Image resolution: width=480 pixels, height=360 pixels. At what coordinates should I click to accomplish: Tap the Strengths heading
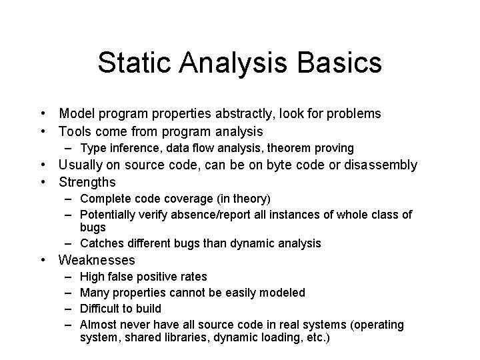tap(87, 182)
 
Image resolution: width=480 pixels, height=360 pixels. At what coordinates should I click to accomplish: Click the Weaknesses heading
tap(97, 260)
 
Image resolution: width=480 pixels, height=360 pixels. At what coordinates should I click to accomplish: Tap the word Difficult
tap(102, 309)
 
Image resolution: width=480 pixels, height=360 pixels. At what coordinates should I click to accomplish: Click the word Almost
tap(99, 325)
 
